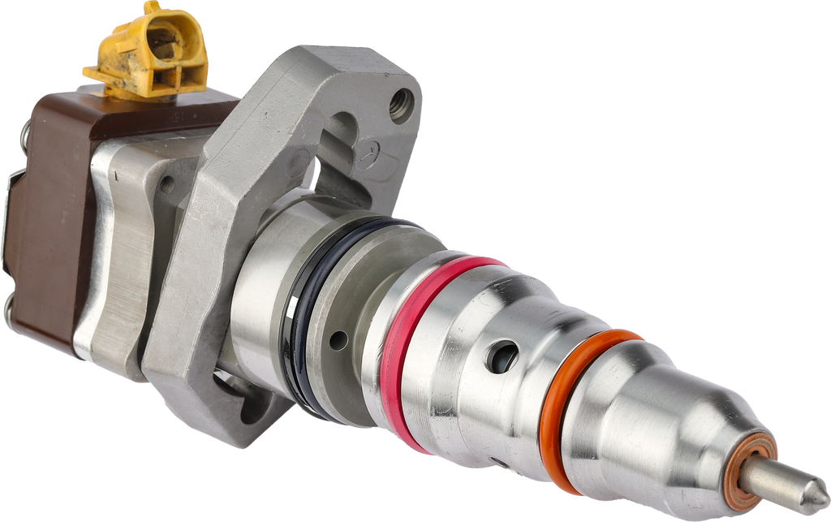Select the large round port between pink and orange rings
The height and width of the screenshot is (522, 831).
502,356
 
